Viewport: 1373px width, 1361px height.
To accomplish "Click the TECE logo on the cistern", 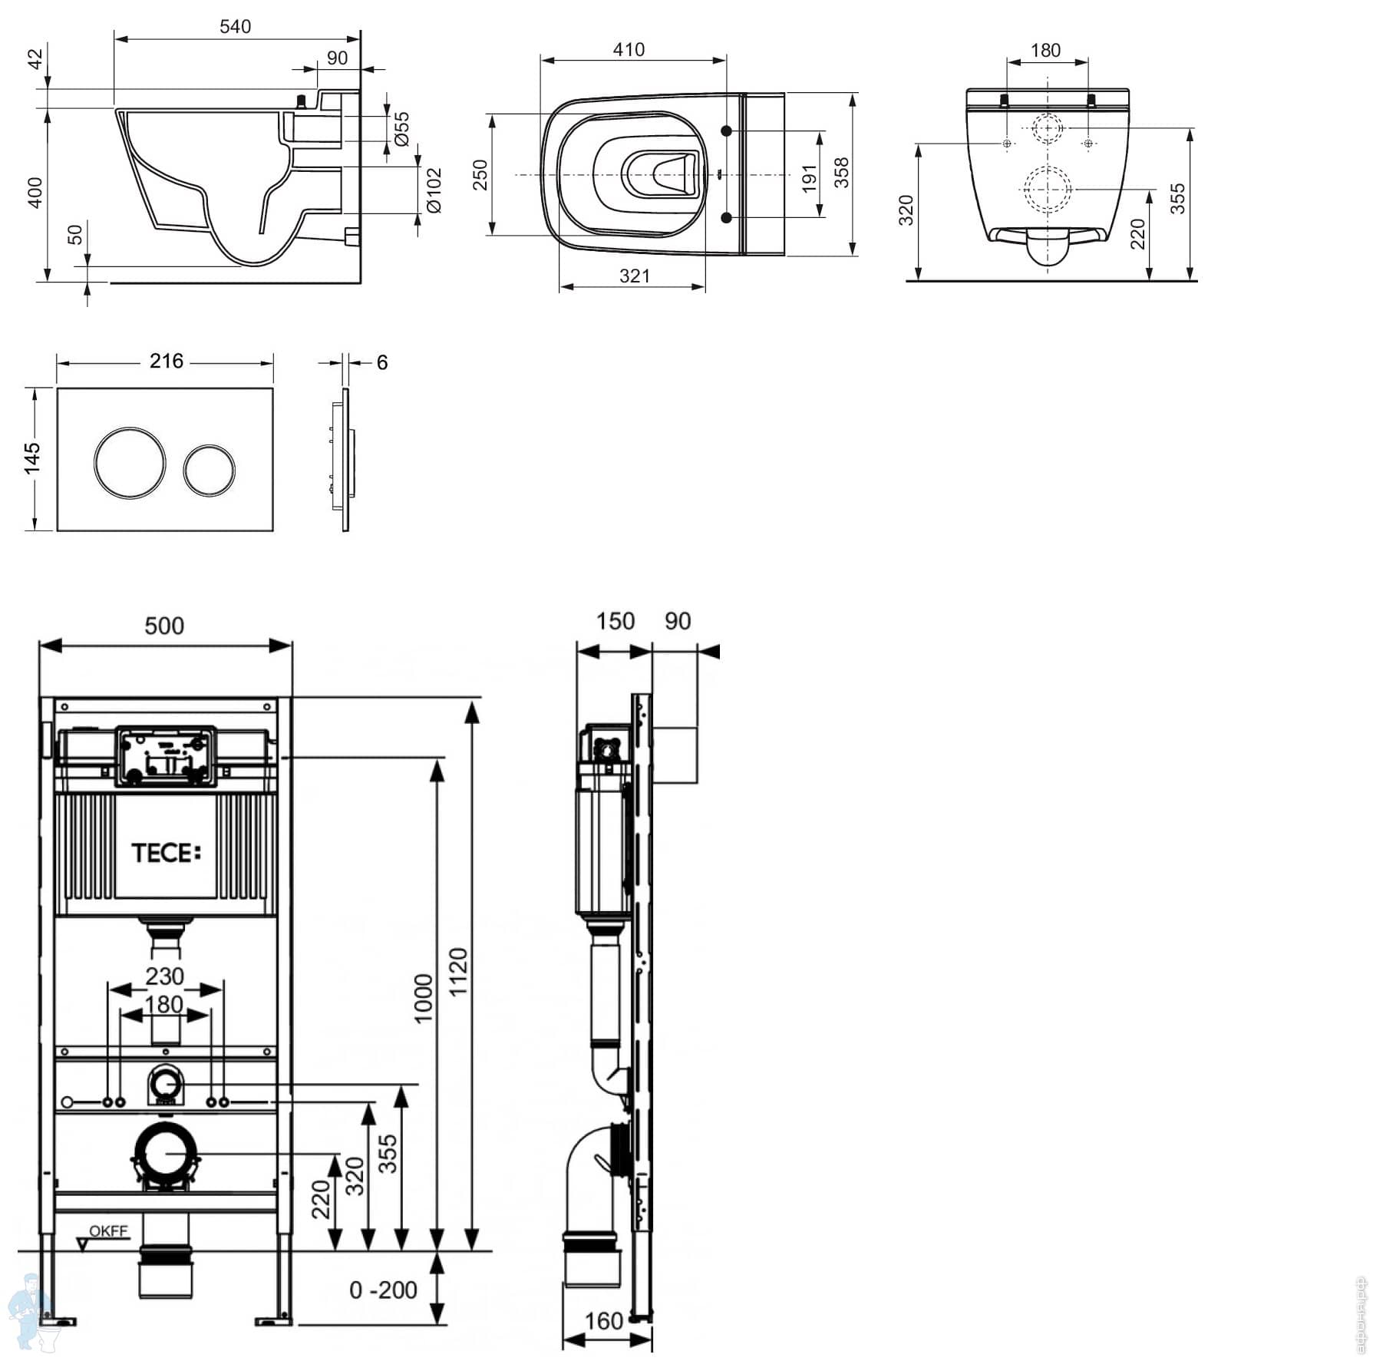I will (166, 853).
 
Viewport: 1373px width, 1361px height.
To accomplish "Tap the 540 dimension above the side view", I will (235, 27).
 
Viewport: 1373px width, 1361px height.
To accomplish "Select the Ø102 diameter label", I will (434, 190).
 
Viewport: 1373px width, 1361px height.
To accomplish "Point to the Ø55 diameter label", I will (401, 128).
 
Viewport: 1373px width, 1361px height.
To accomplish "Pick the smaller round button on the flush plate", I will (209, 467).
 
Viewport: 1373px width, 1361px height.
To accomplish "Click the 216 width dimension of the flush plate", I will (167, 362).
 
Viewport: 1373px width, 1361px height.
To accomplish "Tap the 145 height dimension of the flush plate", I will (32, 458).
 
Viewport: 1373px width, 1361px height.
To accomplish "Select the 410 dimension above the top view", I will (629, 50).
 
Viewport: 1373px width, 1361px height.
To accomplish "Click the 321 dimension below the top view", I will (635, 276).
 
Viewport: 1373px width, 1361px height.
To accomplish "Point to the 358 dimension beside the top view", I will (842, 173).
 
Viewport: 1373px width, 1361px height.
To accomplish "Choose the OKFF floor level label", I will (108, 1231).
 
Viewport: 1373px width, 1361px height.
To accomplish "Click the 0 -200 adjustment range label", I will (383, 1290).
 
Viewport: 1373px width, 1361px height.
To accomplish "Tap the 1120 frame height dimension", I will (458, 972).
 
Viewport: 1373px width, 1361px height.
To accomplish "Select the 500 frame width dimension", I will (164, 626).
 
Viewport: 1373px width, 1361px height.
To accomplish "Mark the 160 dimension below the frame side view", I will (604, 1321).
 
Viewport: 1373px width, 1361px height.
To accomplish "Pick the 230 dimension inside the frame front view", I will (165, 976).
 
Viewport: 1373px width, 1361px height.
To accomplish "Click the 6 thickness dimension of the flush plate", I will (382, 362).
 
